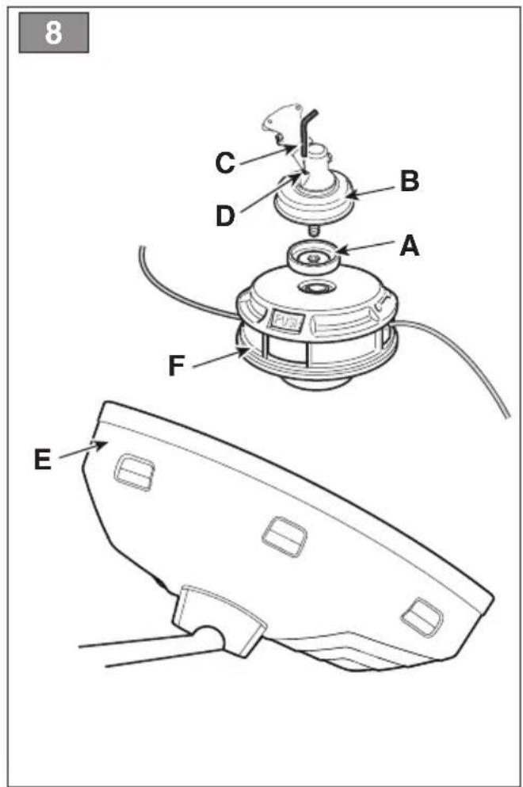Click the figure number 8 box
tap(54, 32)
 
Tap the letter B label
tap(410, 181)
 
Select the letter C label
tap(225, 163)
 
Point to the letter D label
tap(225, 216)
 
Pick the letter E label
tap(43, 459)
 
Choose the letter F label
tap(176, 366)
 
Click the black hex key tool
tap(307, 132)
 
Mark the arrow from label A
tap(366, 246)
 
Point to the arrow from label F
tap(220, 359)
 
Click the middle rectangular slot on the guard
tap(284, 537)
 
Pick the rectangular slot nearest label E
tap(134, 472)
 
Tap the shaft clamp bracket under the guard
tap(219, 619)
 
